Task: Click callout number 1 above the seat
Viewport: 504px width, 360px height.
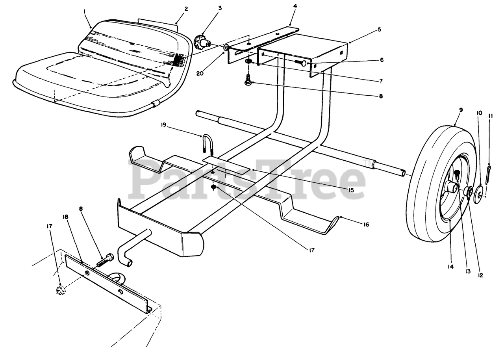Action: [x=85, y=12]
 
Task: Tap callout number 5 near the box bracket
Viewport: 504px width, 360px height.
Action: [x=379, y=29]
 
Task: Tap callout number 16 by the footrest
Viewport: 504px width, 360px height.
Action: [x=366, y=225]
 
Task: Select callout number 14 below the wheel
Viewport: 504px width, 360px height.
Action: [x=450, y=267]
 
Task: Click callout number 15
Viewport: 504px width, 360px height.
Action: [x=351, y=190]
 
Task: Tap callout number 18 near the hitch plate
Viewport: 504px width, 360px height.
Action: [x=65, y=217]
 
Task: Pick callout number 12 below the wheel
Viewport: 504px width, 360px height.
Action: [x=480, y=275]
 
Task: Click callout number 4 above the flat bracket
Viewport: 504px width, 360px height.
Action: [x=295, y=6]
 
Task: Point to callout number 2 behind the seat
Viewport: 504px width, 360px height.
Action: [x=186, y=9]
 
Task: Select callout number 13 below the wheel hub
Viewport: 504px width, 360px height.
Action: [x=468, y=271]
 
